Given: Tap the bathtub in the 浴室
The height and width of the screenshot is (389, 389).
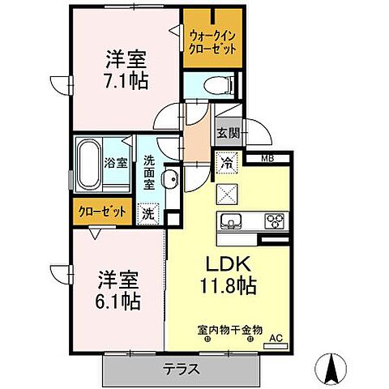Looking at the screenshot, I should pos(88,163).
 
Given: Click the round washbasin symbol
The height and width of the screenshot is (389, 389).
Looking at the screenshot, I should pos(171,180).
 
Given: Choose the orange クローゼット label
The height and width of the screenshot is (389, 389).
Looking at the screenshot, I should pos(101,212).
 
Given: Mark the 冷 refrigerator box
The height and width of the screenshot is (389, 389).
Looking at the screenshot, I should pos(228,162).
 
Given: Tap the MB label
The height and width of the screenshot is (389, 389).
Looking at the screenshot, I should pos(267,159).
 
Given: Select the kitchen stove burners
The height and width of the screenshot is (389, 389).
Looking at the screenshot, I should pos(273,222).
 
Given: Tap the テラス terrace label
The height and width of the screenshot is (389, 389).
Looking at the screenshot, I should pos(184,367).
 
